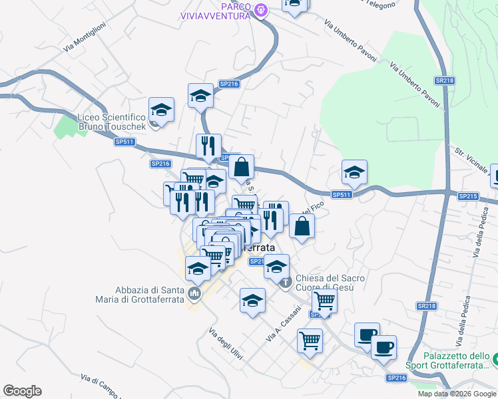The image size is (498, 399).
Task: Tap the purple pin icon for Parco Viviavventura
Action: point(261,9)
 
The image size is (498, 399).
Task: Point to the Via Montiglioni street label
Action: point(85,38)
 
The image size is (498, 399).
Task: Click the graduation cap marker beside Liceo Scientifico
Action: point(161,110)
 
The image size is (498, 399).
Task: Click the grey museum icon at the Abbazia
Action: point(194,293)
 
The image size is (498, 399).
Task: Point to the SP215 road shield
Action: point(468,196)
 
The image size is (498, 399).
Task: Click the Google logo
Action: point(22,390)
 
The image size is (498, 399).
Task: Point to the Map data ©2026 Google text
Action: point(457,394)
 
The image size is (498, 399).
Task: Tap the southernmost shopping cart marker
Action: point(310,341)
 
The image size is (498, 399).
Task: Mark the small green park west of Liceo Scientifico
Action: point(66,126)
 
